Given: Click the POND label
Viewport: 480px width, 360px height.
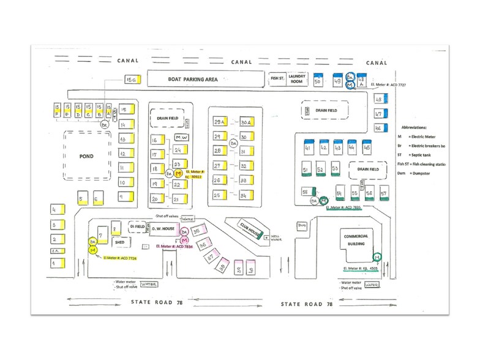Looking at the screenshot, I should coord(86,156).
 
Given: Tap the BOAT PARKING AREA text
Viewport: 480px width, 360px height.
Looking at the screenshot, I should coord(193,80).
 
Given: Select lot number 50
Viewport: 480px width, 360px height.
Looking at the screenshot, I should coord(318,81).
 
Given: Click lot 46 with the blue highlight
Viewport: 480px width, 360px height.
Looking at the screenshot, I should coord(378,129).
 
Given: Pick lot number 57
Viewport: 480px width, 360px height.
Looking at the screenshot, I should coord(383,193).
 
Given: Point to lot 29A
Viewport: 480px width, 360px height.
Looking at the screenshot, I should coord(219,122).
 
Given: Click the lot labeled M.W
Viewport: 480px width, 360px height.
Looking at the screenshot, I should coord(181,138).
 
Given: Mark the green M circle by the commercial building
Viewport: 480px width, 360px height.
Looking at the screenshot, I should coord(378,256).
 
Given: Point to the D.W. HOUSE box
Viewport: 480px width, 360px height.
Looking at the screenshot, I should coord(163,229).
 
